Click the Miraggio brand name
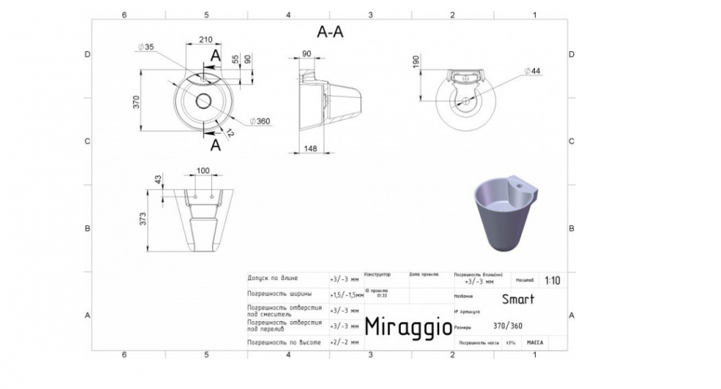click(407, 326)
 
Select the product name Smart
click(518, 299)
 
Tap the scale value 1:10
click(553, 280)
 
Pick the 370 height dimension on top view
click(135, 101)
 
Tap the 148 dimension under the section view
click(310, 149)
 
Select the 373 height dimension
click(143, 219)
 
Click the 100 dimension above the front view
click(203, 170)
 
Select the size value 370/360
click(508, 325)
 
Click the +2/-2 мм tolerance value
click(344, 343)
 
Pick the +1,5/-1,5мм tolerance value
click(346, 294)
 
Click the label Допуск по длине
click(272, 278)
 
